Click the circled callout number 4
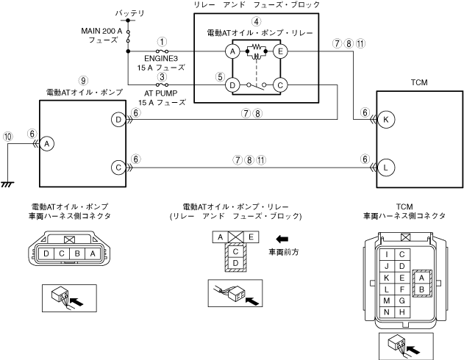click(x=256, y=21)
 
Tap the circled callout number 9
click(x=84, y=80)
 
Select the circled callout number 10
click(x=8, y=136)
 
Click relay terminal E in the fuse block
click(x=279, y=51)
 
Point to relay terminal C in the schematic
click(x=279, y=84)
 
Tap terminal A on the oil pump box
click(x=46, y=144)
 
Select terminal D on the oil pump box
click(x=118, y=119)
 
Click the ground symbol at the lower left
click(x=8, y=184)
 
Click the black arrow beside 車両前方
click(x=282, y=238)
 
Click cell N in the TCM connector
click(x=386, y=312)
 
